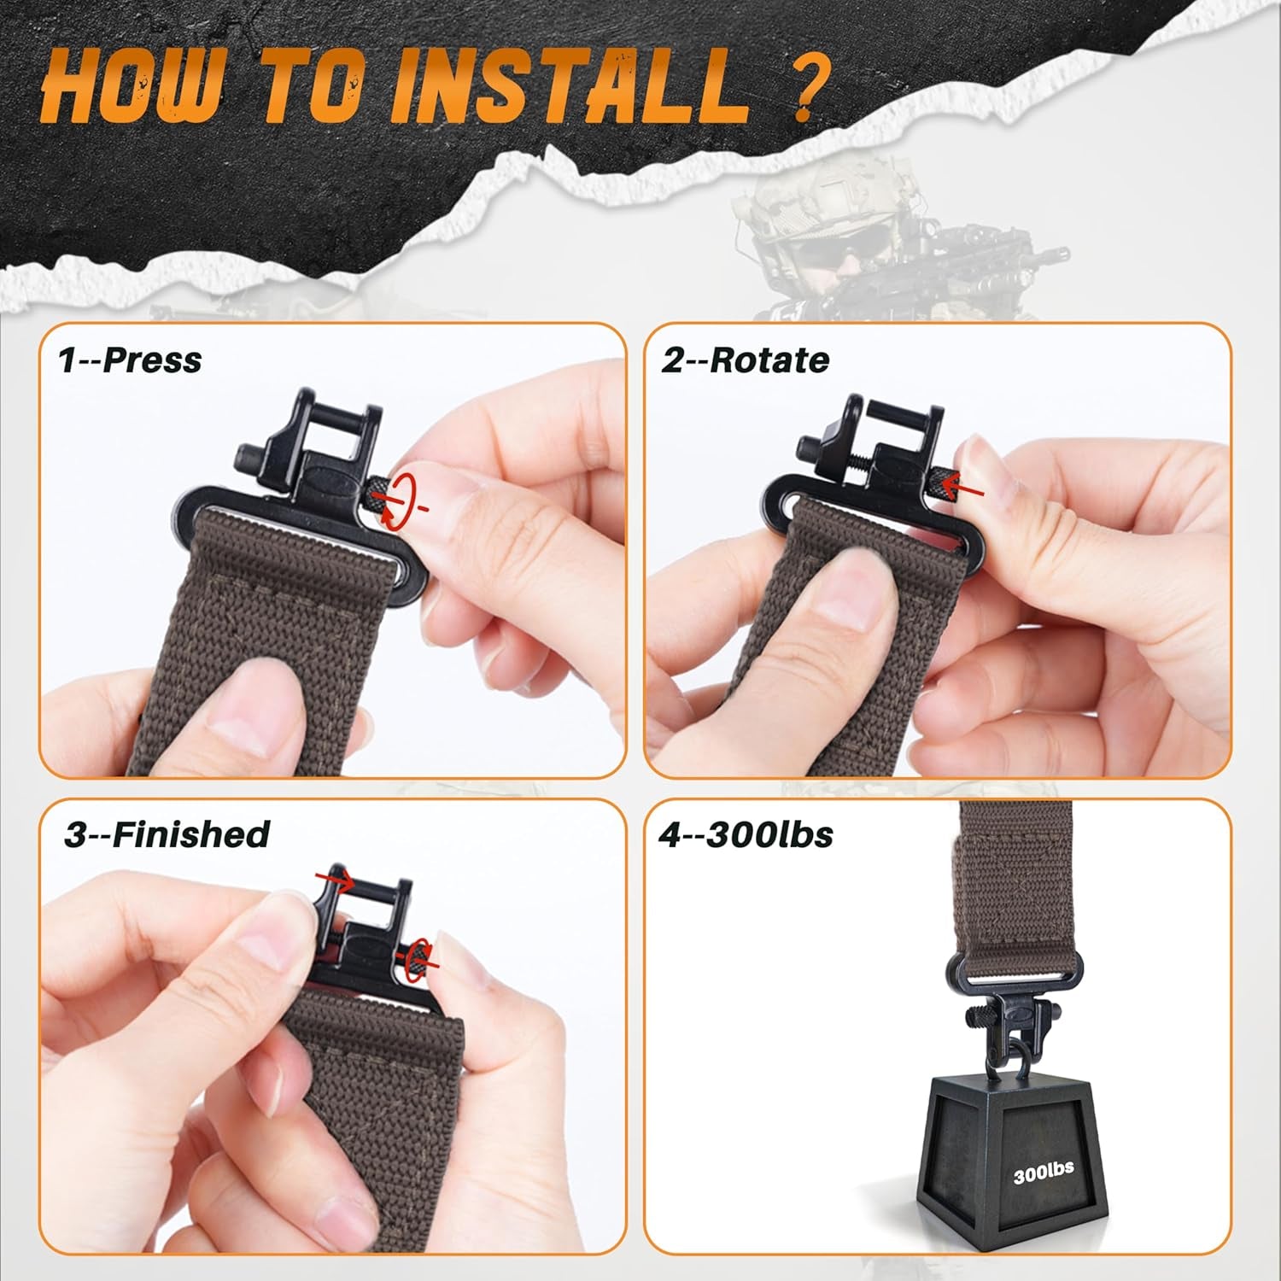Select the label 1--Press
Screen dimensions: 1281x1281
130,360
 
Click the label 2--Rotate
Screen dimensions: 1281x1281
744,360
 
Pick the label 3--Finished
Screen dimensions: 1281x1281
167,834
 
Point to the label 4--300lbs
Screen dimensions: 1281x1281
745,834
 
